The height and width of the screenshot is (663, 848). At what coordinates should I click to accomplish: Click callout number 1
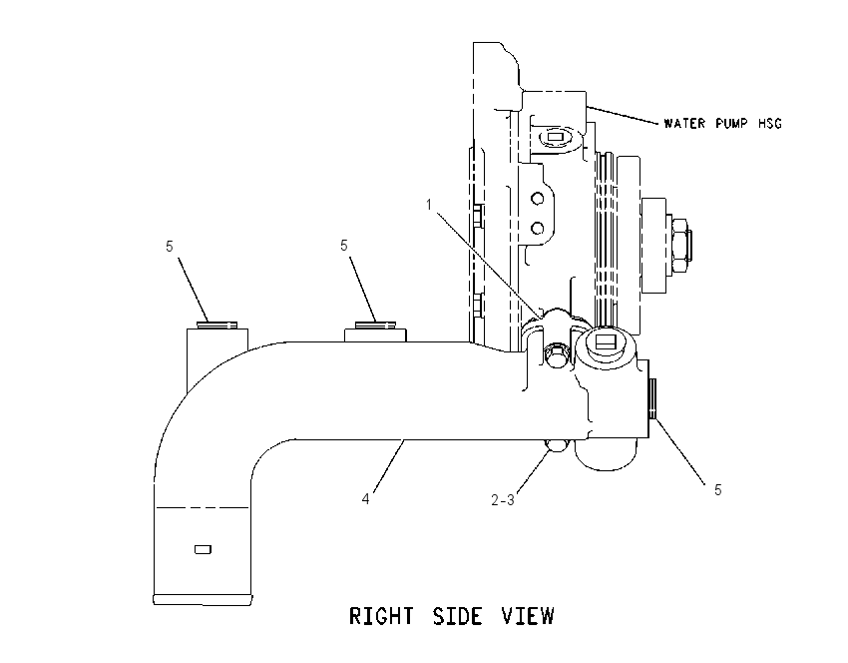point(429,205)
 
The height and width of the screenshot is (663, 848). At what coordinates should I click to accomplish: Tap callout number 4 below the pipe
point(365,499)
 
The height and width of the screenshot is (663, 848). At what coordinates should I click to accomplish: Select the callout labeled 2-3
point(503,500)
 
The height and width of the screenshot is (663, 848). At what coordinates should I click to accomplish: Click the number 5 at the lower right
point(717,490)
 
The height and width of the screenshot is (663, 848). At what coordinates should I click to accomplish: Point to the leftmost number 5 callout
point(170,247)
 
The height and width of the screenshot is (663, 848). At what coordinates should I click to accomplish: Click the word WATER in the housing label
point(684,124)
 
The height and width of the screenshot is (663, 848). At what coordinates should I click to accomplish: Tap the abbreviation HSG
point(769,124)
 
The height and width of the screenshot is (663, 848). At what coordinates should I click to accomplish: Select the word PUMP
point(731,124)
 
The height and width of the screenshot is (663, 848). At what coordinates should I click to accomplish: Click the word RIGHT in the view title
point(381,616)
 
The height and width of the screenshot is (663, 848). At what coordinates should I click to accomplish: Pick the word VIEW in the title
point(528,616)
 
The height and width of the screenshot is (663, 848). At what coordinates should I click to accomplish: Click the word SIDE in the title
point(457,616)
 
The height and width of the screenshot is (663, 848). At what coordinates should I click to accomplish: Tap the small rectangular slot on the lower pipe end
point(203,549)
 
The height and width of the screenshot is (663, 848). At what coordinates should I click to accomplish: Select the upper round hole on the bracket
point(537,199)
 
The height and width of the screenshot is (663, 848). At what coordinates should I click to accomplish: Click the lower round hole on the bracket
point(537,229)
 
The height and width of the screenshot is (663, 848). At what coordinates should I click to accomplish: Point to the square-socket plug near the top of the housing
point(556,137)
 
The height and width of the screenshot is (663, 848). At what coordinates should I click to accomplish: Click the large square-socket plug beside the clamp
point(605,342)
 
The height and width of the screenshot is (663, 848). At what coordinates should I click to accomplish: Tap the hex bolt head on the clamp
point(556,356)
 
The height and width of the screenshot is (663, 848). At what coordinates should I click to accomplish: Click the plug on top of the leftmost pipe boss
point(216,326)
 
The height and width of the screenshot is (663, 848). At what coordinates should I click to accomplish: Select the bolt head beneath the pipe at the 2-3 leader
point(556,445)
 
